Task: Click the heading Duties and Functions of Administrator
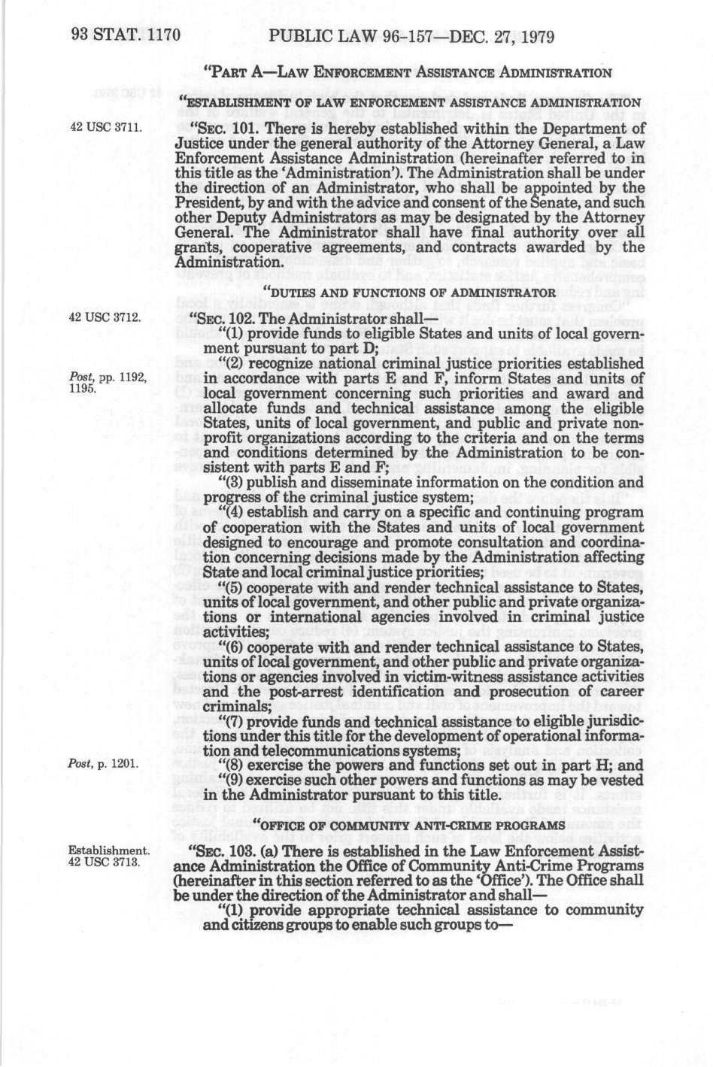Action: pyautogui.click(x=409, y=291)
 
